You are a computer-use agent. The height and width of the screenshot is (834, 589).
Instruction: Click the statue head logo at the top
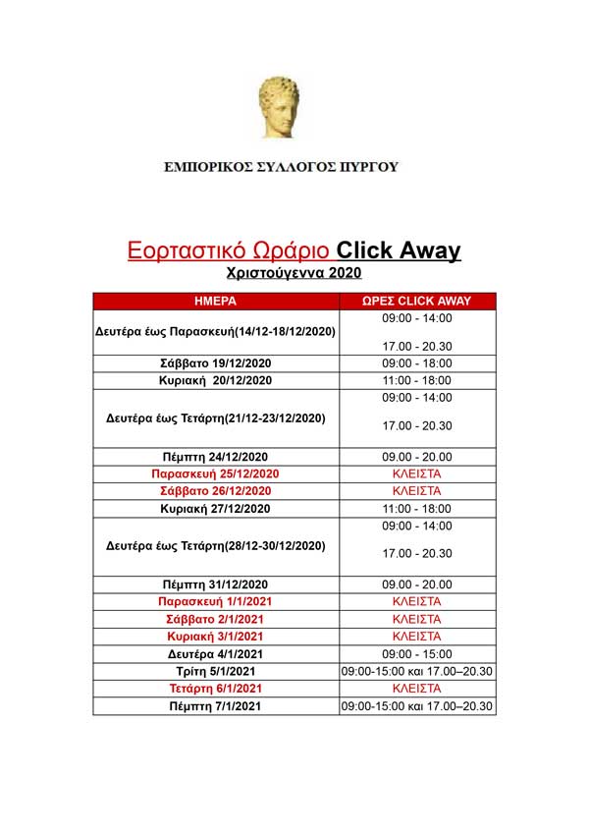point(280,107)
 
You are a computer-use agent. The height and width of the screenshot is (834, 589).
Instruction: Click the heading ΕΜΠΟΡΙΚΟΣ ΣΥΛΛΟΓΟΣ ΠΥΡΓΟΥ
point(282,167)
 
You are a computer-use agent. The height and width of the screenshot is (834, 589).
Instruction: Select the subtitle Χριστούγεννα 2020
point(294,272)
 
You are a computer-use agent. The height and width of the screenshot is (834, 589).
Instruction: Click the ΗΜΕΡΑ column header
point(216,301)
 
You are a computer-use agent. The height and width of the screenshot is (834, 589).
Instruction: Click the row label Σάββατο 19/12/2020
point(216,363)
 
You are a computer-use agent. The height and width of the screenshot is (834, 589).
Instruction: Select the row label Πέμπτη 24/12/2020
point(216,457)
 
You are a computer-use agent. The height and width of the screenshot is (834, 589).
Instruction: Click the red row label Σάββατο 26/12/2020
point(216,491)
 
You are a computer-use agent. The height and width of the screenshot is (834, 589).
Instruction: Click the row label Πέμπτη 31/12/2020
point(216,584)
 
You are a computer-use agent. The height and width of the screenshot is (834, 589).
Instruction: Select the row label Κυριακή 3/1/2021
point(216,637)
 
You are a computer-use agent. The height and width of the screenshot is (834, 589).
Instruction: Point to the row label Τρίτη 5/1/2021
point(216,671)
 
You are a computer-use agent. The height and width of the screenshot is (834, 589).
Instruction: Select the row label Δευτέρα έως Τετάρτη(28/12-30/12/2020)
point(216,545)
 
